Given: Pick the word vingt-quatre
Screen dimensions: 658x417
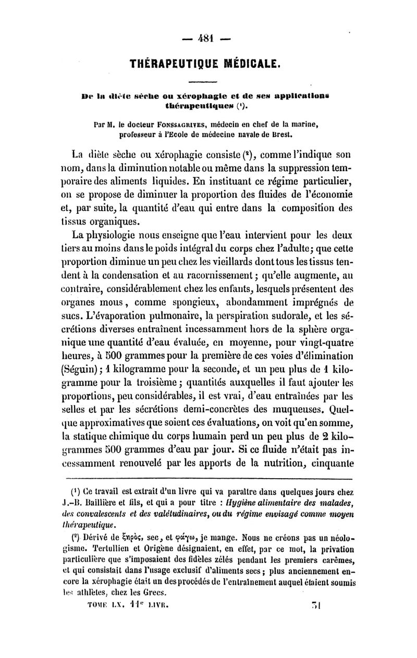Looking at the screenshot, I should (322, 344).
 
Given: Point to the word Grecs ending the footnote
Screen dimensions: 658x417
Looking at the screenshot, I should (153, 592).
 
